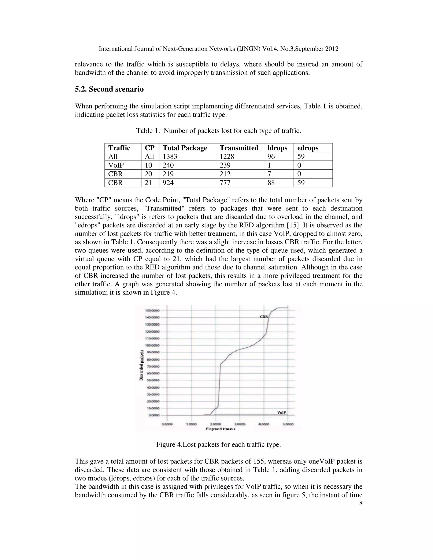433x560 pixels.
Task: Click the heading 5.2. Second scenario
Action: [109, 89]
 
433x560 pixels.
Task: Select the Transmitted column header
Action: [239, 148]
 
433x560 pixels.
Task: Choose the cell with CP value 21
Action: [148, 183]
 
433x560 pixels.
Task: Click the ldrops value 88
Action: [271, 183]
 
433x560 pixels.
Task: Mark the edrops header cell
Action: [308, 148]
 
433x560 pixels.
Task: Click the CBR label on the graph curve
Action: [264, 317]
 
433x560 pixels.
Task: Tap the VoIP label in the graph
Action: [281, 412]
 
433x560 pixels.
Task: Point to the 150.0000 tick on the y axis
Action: [152, 310]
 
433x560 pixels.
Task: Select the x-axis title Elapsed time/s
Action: [220, 429]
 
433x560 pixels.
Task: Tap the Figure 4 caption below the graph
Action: [218, 444]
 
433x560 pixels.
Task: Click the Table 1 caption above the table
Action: [218, 131]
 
